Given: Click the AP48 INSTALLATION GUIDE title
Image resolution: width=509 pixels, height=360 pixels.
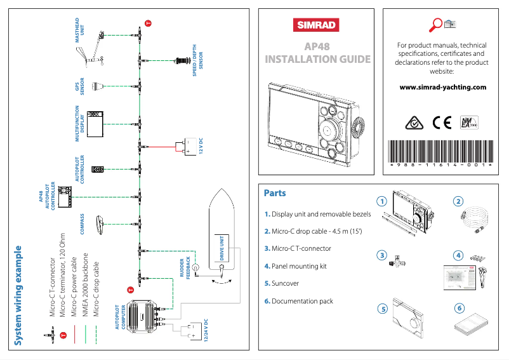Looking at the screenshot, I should (x=317, y=53).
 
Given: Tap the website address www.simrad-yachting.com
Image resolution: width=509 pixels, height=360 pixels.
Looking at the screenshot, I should (x=442, y=88).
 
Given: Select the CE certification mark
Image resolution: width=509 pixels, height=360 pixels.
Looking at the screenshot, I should (x=439, y=121).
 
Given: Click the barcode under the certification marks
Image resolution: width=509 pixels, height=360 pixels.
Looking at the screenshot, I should (x=441, y=152).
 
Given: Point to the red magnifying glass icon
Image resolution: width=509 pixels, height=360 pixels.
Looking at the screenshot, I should (x=436, y=25).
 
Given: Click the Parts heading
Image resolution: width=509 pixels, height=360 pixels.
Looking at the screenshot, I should (x=275, y=193).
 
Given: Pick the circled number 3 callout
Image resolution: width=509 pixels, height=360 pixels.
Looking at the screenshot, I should (x=381, y=255).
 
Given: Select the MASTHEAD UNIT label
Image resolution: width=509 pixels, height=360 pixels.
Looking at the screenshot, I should (x=79, y=30).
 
